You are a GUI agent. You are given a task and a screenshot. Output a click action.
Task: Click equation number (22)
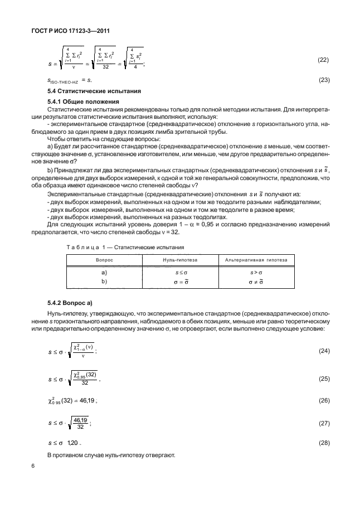(x=323, y=60)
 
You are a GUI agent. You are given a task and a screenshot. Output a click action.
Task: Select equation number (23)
(x=323, y=80)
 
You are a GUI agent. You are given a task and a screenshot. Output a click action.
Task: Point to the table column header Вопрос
(x=104, y=260)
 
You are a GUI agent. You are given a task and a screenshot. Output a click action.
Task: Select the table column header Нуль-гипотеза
(x=181, y=260)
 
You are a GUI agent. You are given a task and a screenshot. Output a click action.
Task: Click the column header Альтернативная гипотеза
(x=256, y=260)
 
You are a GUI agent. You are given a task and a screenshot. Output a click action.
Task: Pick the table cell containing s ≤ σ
(x=181, y=273)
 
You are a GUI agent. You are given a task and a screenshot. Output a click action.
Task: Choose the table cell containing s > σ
(x=256, y=273)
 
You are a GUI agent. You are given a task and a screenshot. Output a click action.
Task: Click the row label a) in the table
(x=104, y=273)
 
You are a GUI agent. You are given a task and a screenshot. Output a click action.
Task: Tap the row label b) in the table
(x=104, y=282)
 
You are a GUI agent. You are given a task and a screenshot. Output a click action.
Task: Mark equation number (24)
(x=323, y=351)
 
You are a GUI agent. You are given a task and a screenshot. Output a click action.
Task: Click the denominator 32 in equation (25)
(x=84, y=383)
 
